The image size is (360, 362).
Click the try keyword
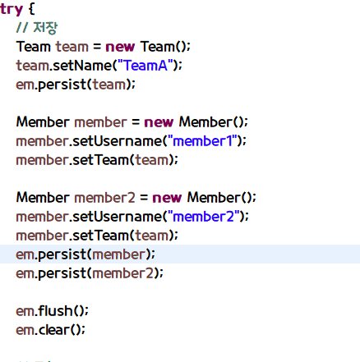pos(12,9)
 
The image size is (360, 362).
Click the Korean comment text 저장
pos(45,28)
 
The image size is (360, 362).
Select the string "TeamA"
pos(145,66)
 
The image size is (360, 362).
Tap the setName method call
pos(82,66)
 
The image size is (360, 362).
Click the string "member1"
pos(202,141)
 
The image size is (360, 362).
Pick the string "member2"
pos(204,217)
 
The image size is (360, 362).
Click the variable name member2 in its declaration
pos(105,198)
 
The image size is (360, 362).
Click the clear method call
pos(53,330)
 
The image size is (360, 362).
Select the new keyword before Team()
pos(120,47)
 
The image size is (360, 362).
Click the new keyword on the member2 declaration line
pos(167,198)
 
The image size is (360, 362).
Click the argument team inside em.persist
pos(109,85)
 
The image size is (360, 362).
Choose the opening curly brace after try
pos(32,9)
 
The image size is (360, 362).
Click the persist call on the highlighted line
pos(62,254)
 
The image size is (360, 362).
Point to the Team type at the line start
pos(34,47)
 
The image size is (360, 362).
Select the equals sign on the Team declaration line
pos(97,47)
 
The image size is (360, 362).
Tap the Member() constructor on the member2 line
pos(219,198)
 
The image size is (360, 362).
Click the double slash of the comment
pos(22,27)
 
